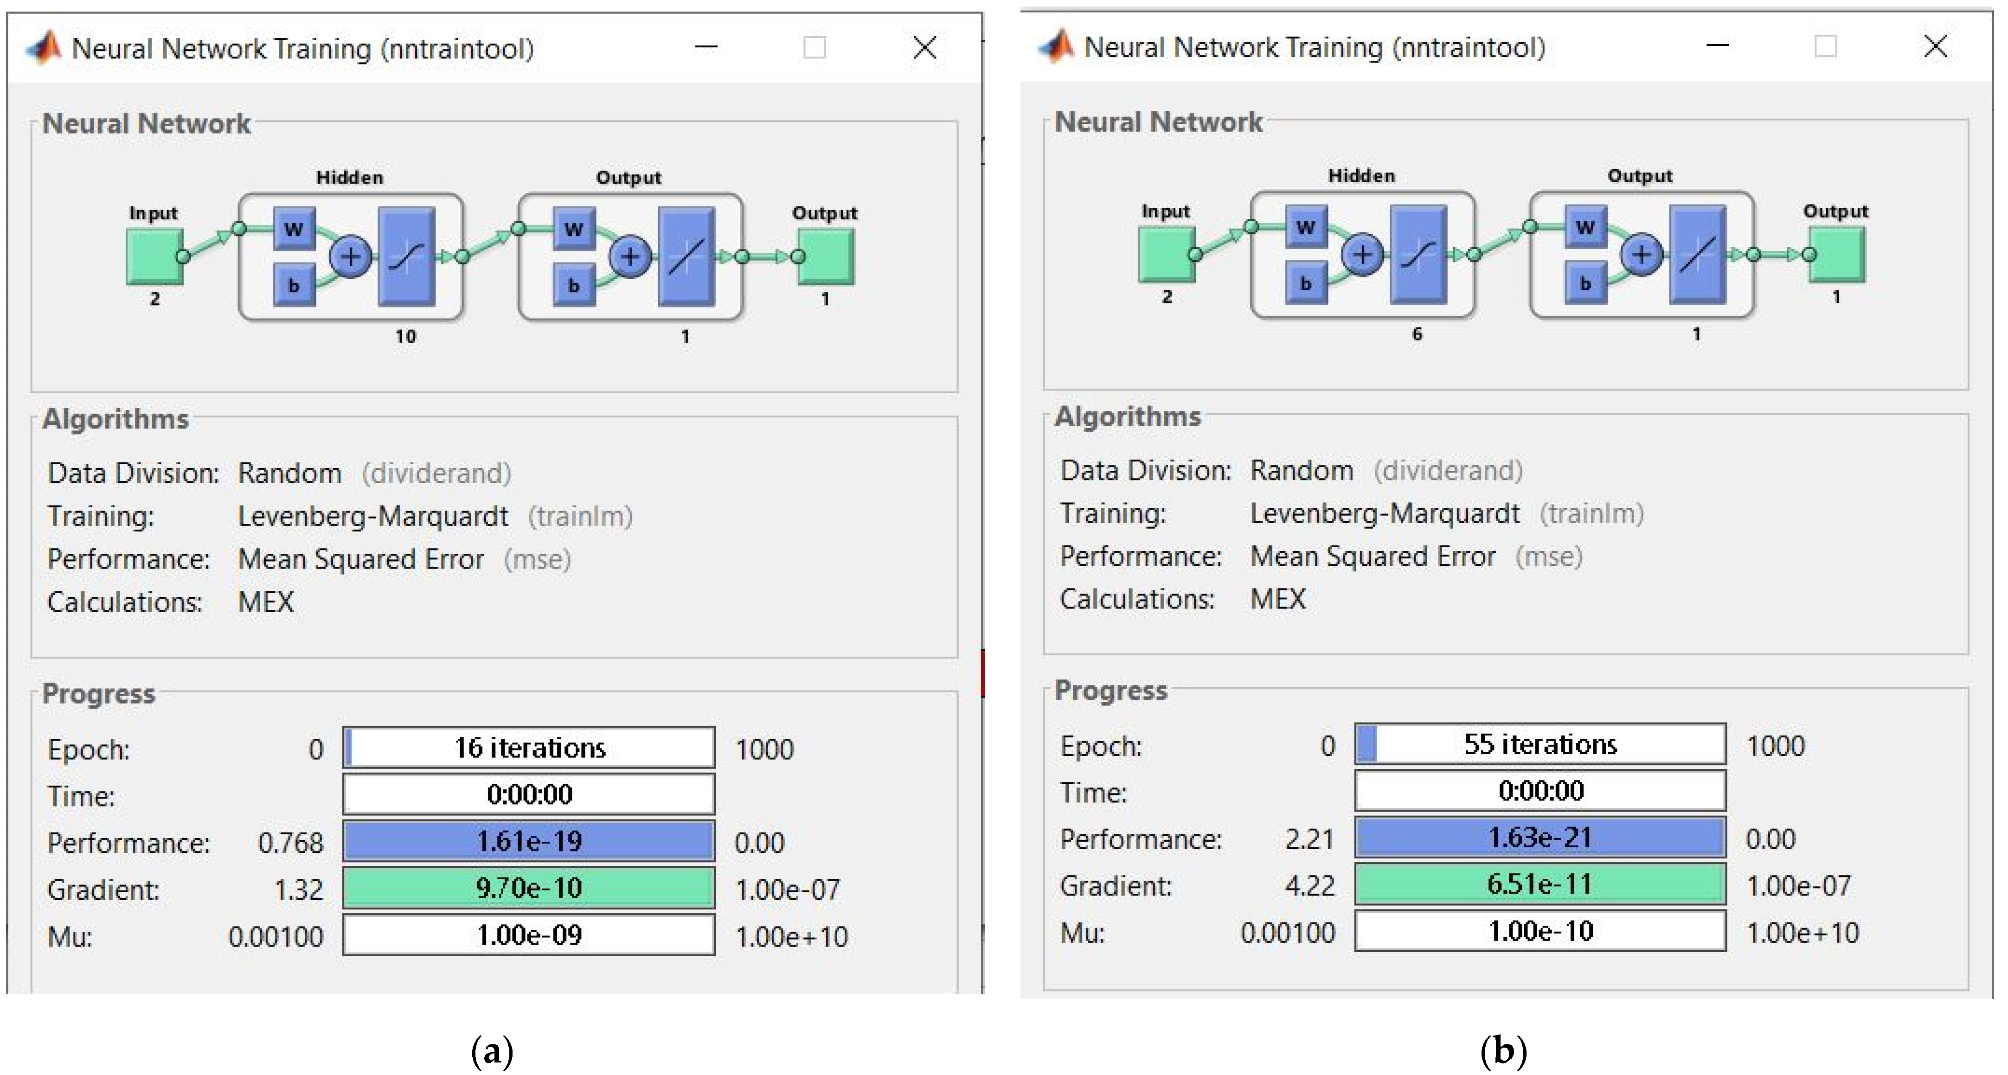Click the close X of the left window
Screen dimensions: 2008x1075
click(924, 48)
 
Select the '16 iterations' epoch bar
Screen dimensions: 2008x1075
click(529, 748)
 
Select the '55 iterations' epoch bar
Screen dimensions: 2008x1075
click(1540, 744)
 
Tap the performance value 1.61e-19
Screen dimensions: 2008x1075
click(529, 841)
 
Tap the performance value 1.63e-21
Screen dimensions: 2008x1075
click(1540, 838)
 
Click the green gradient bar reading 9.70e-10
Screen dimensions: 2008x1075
click(529, 888)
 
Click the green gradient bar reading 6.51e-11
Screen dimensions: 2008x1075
click(1540, 884)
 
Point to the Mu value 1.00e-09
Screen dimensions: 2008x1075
click(529, 934)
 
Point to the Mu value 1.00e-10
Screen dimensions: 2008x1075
click(1540, 931)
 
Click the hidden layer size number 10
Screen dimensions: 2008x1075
click(405, 336)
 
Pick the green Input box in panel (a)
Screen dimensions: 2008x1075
click(154, 256)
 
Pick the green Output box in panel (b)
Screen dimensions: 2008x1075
click(1836, 254)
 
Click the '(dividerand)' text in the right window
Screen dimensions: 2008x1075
click(1448, 471)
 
